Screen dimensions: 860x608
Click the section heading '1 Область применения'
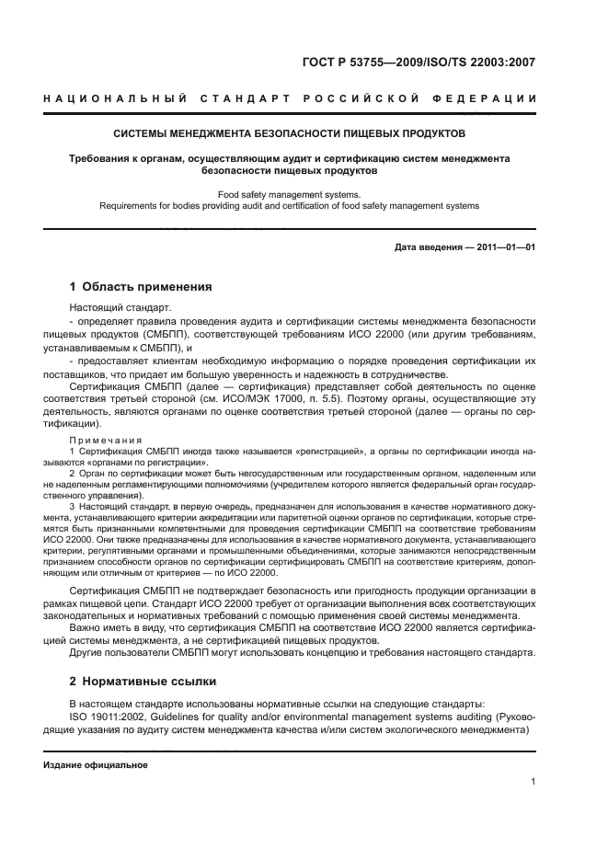click(x=141, y=287)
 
